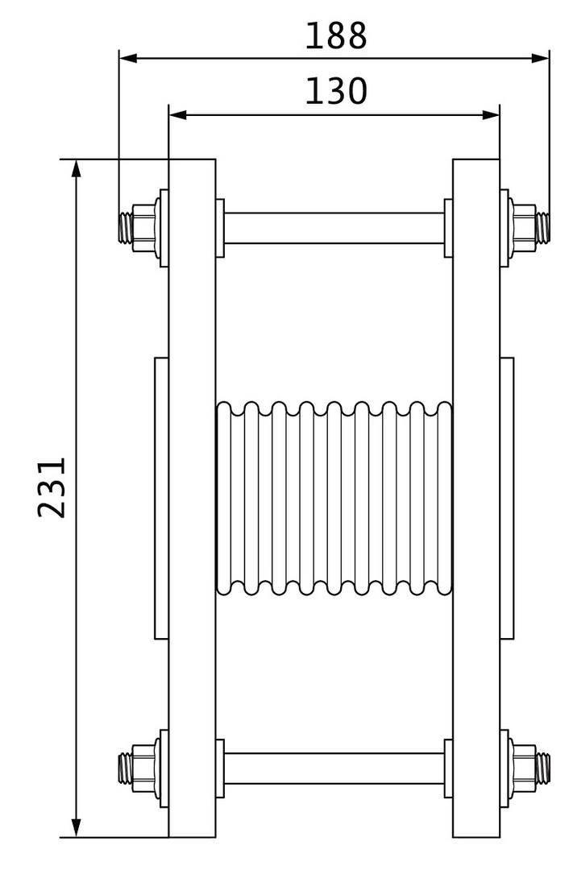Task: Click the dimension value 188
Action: pyautogui.click(x=336, y=36)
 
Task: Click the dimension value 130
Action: pyautogui.click(x=336, y=91)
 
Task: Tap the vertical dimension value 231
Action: pyautogui.click(x=52, y=487)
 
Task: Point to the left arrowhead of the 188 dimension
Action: pyautogui.click(x=128, y=58)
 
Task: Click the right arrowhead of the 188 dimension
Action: pyautogui.click(x=540, y=58)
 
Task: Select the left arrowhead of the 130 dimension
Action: pyautogui.click(x=177, y=115)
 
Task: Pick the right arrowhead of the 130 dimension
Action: pyautogui.click(x=491, y=115)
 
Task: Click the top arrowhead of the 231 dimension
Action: pyautogui.click(x=77, y=168)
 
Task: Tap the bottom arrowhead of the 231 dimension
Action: pyautogui.click(x=77, y=827)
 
